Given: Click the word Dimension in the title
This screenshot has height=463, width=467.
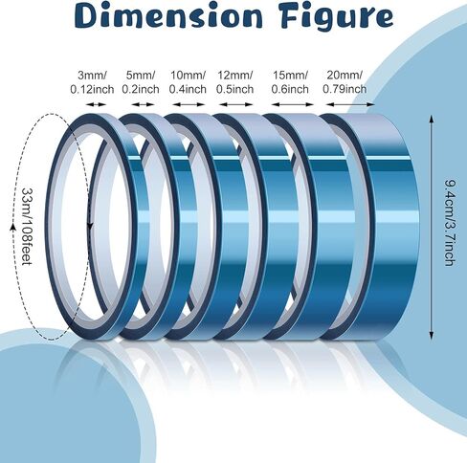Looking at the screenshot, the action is click(x=168, y=16).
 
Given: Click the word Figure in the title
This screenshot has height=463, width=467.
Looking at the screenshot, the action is click(x=337, y=17).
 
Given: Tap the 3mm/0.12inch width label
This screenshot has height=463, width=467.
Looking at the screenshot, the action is click(x=92, y=82).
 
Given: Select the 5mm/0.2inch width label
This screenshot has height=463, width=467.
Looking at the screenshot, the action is click(x=141, y=82).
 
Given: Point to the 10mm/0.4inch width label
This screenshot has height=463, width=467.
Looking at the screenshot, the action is click(x=188, y=82).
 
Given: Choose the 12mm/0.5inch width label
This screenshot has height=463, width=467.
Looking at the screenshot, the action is click(x=234, y=82).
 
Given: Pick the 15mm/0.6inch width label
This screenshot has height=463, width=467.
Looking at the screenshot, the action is click(x=290, y=82).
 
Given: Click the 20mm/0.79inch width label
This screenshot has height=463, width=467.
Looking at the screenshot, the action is click(x=345, y=82).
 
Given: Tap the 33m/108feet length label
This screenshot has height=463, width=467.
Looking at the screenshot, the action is click(x=28, y=226).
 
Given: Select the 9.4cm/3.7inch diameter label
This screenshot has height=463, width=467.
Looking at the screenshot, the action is click(x=451, y=223).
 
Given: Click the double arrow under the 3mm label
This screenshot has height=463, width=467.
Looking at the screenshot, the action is click(x=97, y=104).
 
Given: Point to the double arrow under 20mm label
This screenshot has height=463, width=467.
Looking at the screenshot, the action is click(x=350, y=104).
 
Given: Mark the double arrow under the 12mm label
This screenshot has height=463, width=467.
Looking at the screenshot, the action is click(x=236, y=104).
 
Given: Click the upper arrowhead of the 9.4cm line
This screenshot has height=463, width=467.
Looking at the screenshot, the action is click(x=432, y=119).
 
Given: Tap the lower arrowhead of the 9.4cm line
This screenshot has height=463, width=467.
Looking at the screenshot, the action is click(x=432, y=335).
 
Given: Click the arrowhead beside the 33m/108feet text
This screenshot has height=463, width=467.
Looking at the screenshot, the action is click(x=13, y=227).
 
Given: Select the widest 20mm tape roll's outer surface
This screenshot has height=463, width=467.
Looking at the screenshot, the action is click(x=392, y=223).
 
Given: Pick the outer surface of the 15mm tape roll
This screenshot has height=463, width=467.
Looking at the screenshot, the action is click(x=332, y=223).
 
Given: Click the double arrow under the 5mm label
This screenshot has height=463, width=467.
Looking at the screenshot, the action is click(x=144, y=104).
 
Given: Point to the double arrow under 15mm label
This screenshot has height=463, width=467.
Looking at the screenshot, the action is click(x=292, y=104).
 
